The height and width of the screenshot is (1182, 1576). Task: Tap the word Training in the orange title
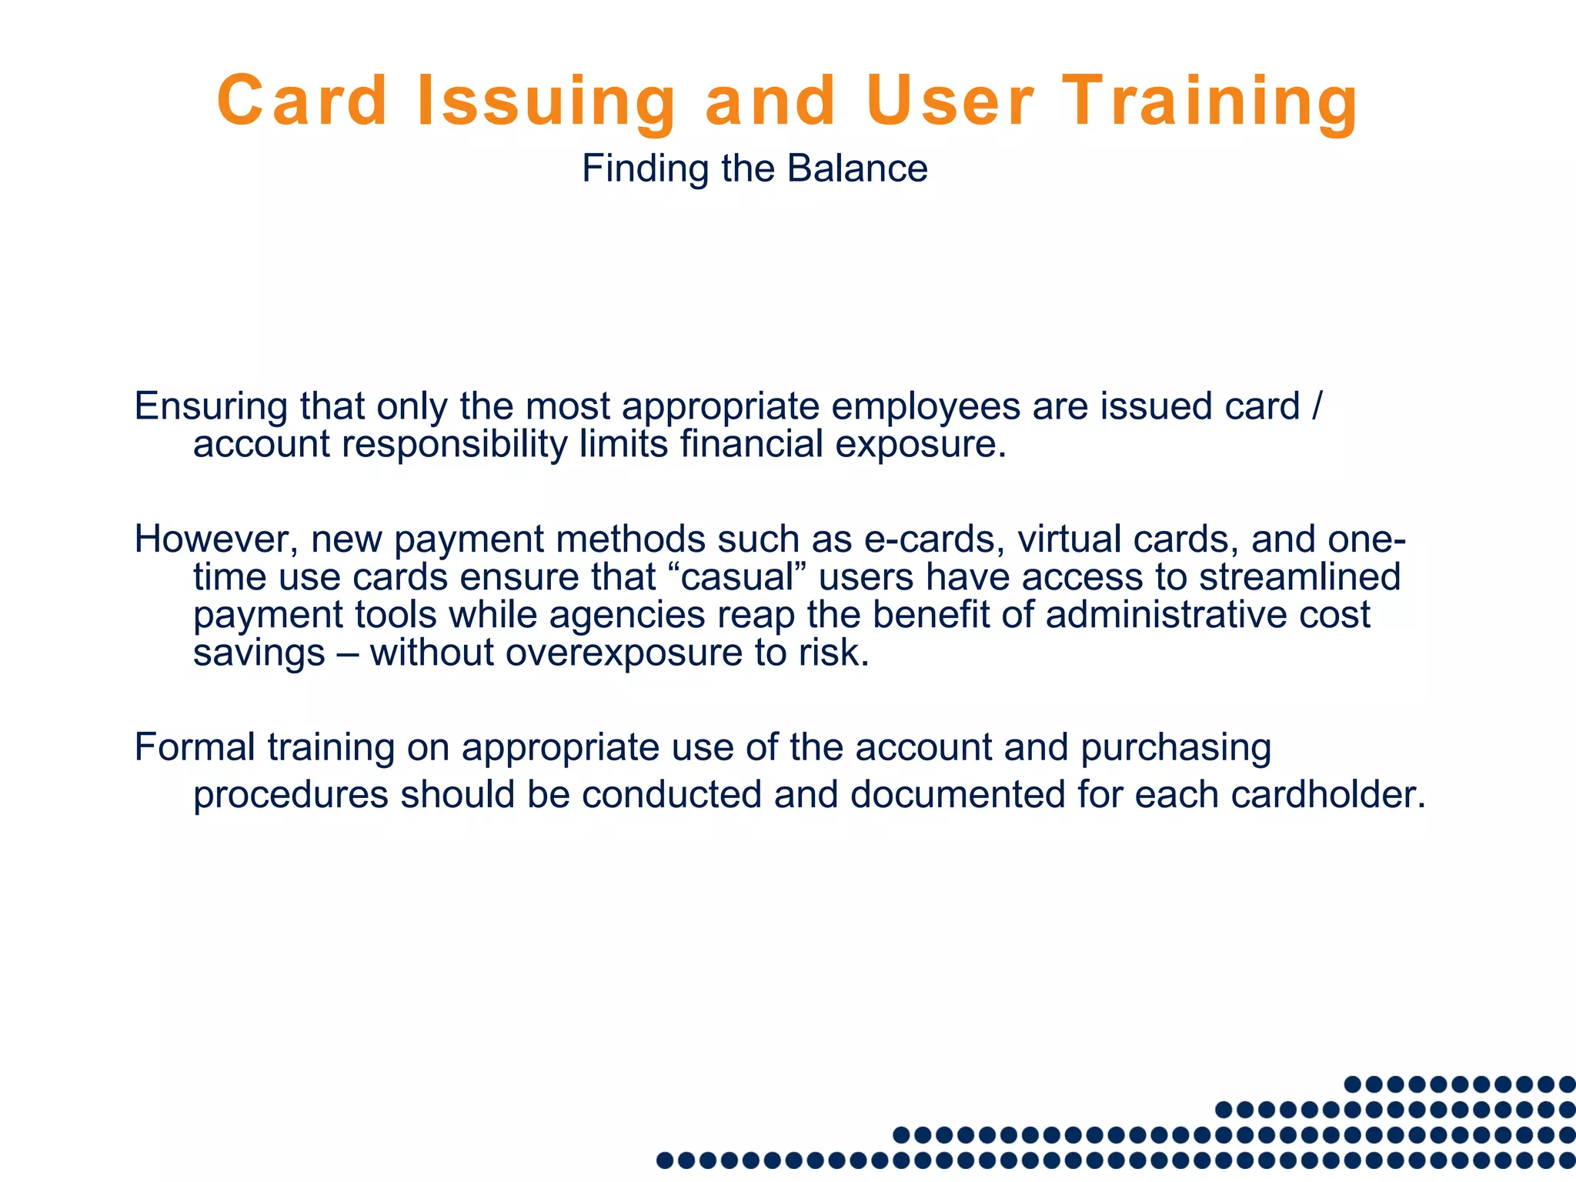pyautogui.click(x=1210, y=102)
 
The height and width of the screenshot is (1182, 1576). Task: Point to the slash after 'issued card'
pyautogui.click(x=1315, y=406)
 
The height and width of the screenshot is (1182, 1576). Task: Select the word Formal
pyautogui.click(x=195, y=747)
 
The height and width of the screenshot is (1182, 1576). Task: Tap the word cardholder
pyautogui.click(x=1328, y=794)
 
